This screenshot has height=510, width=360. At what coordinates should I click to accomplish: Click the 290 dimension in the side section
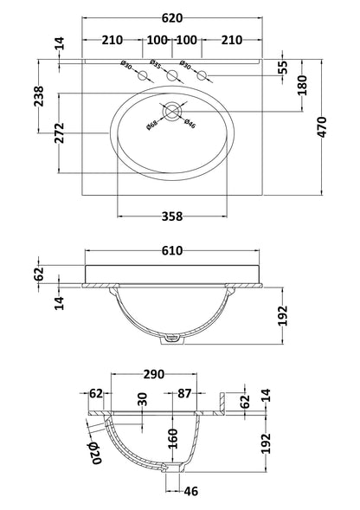click(x=153, y=375)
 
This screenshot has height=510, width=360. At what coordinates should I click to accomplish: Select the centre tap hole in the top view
click(x=172, y=78)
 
